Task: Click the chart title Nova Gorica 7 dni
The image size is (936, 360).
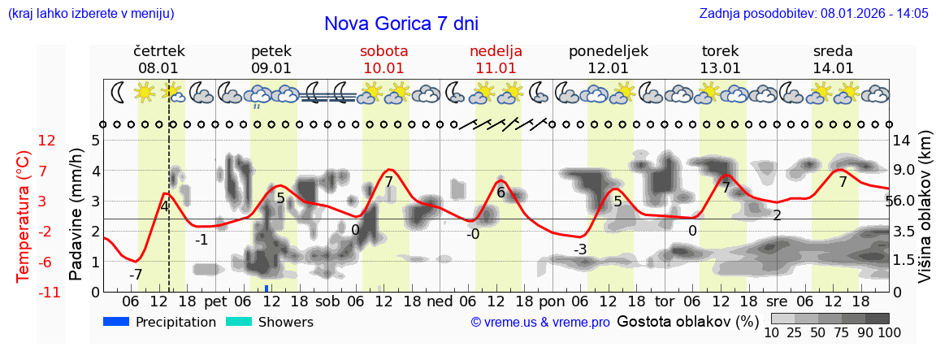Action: click(401, 24)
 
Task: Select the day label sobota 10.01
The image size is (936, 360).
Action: click(383, 59)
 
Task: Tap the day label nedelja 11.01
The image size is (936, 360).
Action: click(496, 59)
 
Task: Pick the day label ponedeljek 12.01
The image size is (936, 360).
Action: click(608, 59)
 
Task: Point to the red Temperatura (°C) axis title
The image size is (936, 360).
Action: click(24, 215)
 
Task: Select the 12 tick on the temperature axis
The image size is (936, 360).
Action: click(46, 141)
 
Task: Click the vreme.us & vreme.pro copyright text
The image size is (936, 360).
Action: click(540, 323)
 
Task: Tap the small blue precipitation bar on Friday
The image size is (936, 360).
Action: click(266, 288)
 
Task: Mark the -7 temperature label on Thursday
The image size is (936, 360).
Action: click(135, 275)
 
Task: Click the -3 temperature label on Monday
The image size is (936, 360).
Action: click(579, 249)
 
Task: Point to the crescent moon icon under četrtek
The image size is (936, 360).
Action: click(119, 92)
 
